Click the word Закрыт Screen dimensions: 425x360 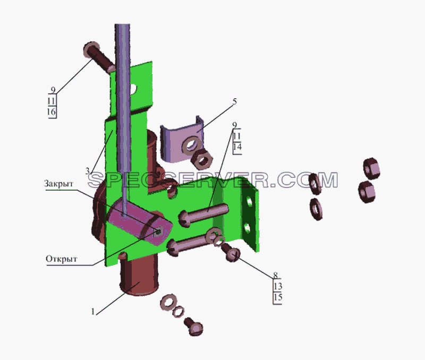[58, 184]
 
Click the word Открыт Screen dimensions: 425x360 [62, 259]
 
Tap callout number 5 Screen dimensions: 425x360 [234, 101]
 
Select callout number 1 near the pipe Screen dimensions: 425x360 [93, 312]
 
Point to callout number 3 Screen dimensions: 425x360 [88, 171]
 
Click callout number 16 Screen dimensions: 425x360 [51, 112]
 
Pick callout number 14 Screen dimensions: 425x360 [237, 147]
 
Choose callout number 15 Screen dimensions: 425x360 [278, 297]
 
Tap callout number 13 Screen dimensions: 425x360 [278, 286]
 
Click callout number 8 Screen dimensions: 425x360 [275, 275]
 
